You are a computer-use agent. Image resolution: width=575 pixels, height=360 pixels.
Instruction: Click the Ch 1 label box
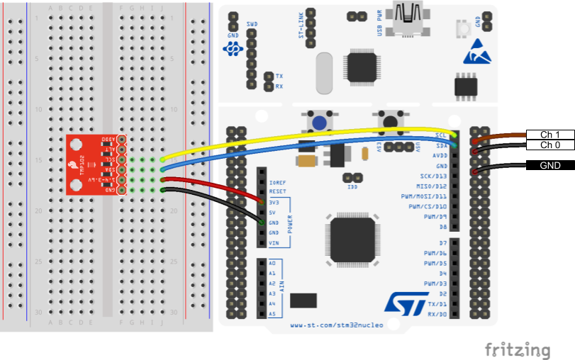pyautogui.click(x=550, y=135)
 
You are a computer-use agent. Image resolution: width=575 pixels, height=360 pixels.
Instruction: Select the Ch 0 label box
pyautogui.click(x=550, y=145)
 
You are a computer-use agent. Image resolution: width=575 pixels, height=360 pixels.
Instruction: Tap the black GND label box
pyautogui.click(x=550, y=166)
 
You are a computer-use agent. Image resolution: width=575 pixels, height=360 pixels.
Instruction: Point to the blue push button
pyautogui.click(x=319, y=123)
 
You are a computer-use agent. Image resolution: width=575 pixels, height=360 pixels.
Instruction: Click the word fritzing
pyautogui.click(x=518, y=349)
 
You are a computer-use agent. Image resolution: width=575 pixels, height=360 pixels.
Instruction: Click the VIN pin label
pyautogui.click(x=274, y=243)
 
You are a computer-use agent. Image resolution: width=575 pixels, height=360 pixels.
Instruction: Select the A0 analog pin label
pyautogui.click(x=272, y=263)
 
